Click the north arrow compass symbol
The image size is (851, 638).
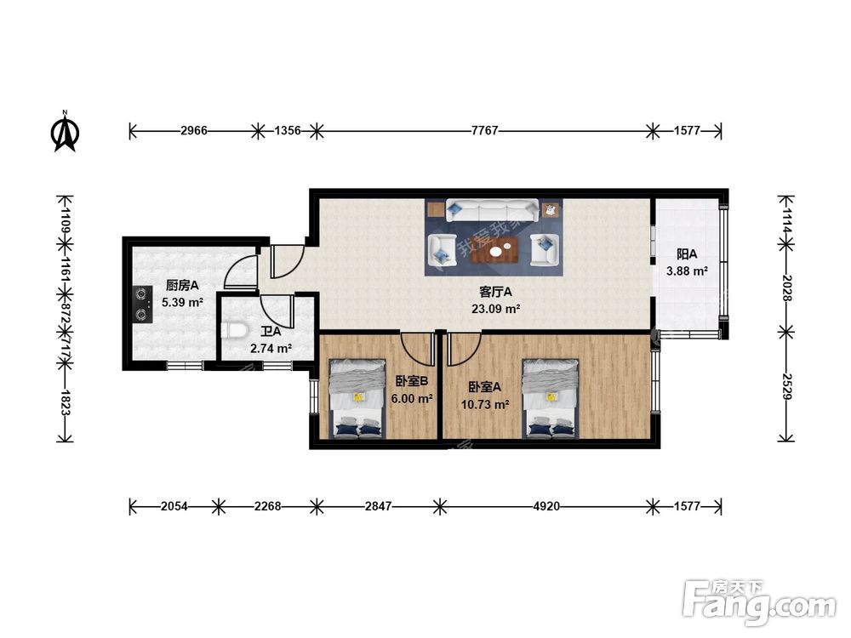pos(66,131)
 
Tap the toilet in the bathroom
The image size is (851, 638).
pos(235,330)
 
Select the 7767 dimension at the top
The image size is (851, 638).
pos(485,130)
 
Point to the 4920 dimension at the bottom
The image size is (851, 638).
pos(546,506)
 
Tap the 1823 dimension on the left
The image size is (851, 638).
pos(66,402)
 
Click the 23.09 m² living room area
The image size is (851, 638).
pos(495,309)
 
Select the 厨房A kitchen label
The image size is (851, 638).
pos(182,285)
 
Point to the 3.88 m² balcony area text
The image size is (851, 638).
pos(687,271)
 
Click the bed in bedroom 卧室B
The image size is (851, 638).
pos(357,398)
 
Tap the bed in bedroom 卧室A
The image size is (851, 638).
pos(551,398)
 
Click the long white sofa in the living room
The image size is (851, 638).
pos(493,210)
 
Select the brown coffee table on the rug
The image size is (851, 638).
pos(495,250)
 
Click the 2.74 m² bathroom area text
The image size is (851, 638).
pos(271,348)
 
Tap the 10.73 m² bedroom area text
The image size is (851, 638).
pos(485,404)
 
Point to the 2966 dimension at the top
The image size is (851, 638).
pos(194,130)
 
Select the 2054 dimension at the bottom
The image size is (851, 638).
pos(174,506)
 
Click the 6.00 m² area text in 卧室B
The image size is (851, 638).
pos(412,399)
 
